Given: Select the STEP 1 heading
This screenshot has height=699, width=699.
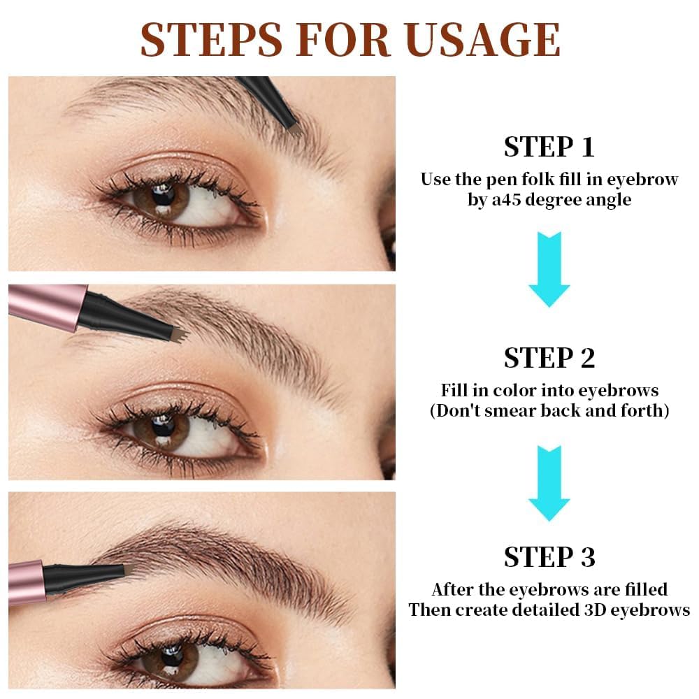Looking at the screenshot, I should pos(549,147).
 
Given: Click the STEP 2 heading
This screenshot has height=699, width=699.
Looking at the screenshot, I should pos(549,357).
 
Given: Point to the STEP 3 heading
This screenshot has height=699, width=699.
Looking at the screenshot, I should pos(549,557).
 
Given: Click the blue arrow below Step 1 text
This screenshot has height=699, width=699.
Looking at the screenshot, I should pos(549,269).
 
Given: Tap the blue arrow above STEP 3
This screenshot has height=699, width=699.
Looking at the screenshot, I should pos(549,482).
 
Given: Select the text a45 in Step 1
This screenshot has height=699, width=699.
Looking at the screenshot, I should pos(500,199).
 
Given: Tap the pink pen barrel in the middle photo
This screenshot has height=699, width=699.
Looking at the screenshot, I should pos(45,305).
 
